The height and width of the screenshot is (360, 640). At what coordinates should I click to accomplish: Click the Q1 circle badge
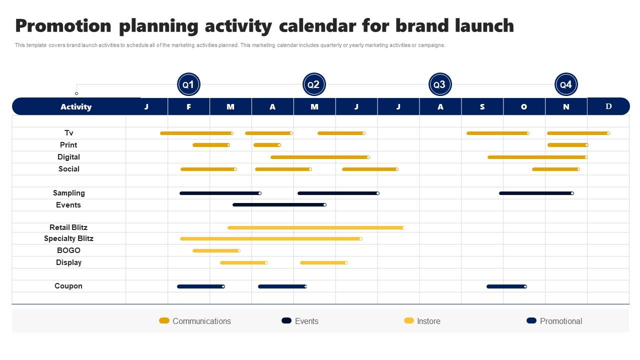[x=188, y=85]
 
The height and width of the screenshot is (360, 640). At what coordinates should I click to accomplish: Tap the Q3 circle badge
[x=439, y=85]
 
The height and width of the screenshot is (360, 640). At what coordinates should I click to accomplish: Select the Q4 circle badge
[x=565, y=85]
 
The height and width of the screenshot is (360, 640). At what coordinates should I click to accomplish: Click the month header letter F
[x=188, y=107]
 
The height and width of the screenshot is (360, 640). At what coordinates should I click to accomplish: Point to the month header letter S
[x=482, y=107]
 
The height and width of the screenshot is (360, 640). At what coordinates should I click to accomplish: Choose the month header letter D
[x=608, y=106]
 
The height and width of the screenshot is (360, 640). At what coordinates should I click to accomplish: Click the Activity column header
[x=76, y=107]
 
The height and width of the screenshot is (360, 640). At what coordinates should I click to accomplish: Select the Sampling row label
[x=69, y=193]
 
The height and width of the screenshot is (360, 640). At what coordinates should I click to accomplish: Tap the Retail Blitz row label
[x=68, y=227]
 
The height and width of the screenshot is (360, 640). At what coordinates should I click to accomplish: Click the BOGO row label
[x=68, y=250]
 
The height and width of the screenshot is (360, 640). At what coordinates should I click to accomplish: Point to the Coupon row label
[x=68, y=286]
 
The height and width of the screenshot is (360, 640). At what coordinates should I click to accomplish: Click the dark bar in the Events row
[x=279, y=204]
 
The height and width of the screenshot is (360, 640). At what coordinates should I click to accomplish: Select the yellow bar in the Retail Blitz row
[x=315, y=227]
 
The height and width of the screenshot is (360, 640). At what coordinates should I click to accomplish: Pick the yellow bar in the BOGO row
[x=216, y=250]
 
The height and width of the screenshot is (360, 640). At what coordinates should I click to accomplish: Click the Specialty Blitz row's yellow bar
[x=270, y=238]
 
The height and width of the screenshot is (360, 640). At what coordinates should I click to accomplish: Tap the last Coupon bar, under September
[x=506, y=286]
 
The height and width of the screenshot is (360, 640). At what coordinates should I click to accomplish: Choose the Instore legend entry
[x=422, y=321]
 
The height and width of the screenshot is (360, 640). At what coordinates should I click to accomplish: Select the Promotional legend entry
[x=554, y=321]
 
